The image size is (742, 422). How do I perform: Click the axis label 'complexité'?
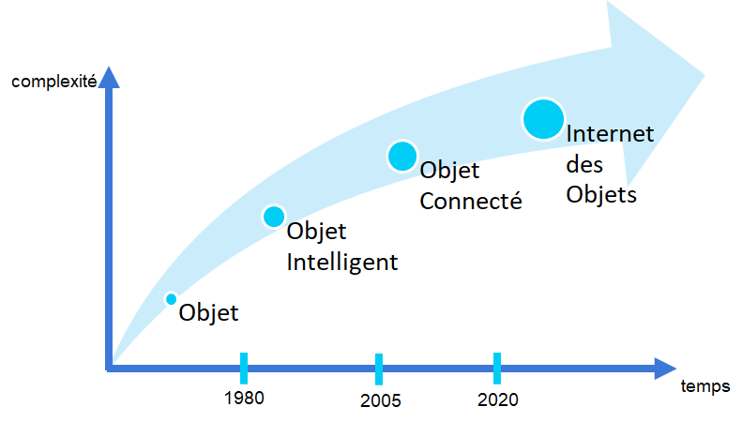pyautogui.click(x=54, y=82)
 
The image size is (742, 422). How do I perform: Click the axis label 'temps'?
pyautogui.click(x=705, y=386)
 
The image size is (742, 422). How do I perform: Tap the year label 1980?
pyautogui.click(x=244, y=399)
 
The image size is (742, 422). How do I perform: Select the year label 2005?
pyautogui.click(x=381, y=400)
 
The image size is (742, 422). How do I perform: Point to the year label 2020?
pyautogui.click(x=498, y=399)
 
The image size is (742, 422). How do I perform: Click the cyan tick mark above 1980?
pyautogui.click(x=244, y=368)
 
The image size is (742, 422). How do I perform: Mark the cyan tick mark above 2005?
pyautogui.click(x=379, y=369)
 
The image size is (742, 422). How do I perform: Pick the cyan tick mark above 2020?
pyautogui.click(x=497, y=368)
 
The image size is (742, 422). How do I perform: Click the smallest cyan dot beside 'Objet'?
pyautogui.click(x=172, y=299)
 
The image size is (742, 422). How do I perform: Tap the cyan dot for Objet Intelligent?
pyautogui.click(x=274, y=217)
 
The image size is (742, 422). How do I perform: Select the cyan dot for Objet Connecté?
pyautogui.click(x=402, y=156)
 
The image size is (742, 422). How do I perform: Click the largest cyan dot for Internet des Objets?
pyautogui.click(x=543, y=119)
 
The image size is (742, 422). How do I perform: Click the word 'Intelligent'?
pyautogui.click(x=342, y=263)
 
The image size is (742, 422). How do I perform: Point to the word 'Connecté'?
pyautogui.click(x=471, y=201)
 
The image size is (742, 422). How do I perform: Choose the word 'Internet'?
pyautogui.click(x=610, y=133)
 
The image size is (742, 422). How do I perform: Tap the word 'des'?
pyautogui.click(x=584, y=165)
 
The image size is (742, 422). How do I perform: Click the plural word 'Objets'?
pyautogui.click(x=601, y=195)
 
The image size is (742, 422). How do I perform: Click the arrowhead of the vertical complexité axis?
pyautogui.click(x=109, y=78)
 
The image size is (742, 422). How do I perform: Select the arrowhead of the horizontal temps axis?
pyautogui.click(x=665, y=368)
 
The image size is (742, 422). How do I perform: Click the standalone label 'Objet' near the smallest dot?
pyautogui.click(x=208, y=313)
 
